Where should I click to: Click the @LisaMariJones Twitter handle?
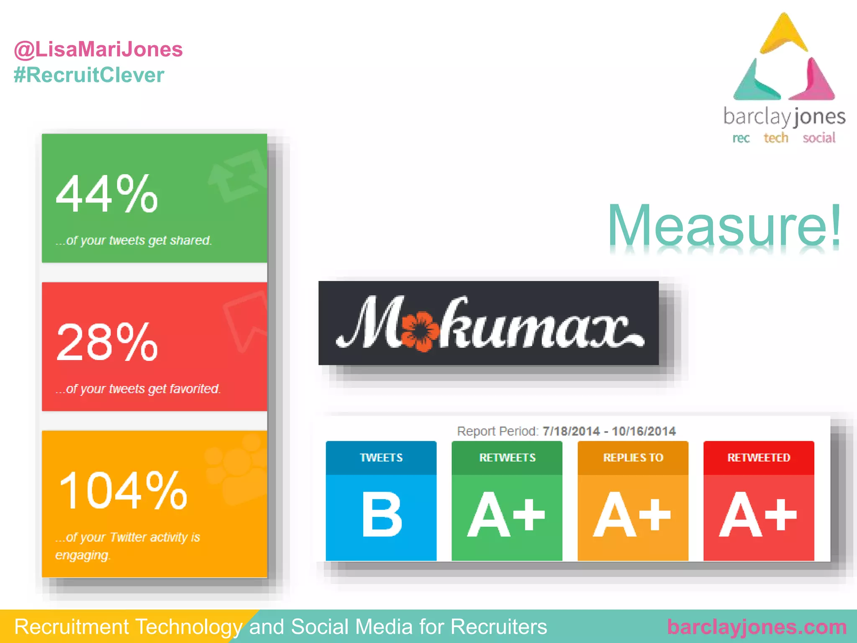pos(98,49)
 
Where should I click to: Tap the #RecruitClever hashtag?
pos(89,75)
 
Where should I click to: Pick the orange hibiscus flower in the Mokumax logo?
pos(421,331)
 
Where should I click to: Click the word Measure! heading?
pos(724,226)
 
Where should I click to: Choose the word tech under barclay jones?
pos(776,138)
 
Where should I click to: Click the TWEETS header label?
pos(381,458)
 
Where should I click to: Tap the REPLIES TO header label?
pos(633,458)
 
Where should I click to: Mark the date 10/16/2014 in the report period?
pos(644,431)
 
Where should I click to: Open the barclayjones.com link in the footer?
pos(757,627)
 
